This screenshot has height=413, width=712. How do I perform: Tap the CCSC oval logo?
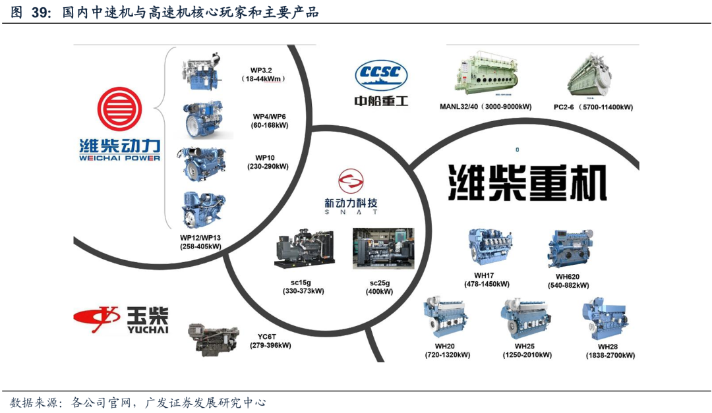(381, 75)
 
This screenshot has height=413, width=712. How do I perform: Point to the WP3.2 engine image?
(204, 71)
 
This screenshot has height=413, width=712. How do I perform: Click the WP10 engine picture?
(204, 163)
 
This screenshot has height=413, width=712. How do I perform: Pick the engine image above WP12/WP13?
(204, 210)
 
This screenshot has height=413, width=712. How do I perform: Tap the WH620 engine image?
(570, 247)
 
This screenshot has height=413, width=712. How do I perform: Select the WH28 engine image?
(605, 319)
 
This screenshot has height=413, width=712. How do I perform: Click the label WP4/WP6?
(269, 117)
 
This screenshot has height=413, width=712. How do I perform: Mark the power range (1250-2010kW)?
(527, 355)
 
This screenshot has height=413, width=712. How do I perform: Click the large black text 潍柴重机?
(527, 182)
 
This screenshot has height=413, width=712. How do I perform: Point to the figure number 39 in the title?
(41, 12)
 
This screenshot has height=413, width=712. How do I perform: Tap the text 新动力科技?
(351, 202)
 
